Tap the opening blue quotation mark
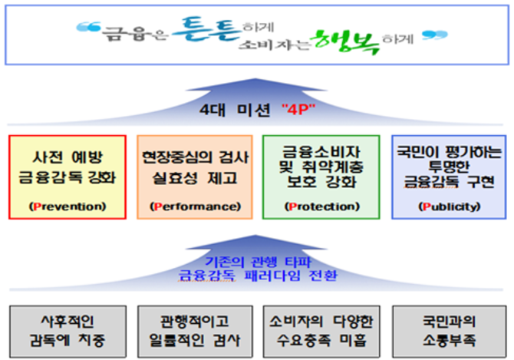click(88, 27)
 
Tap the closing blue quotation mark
click(435, 35)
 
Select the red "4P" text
click(298, 109)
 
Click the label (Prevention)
click(68, 206)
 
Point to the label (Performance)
click(195, 206)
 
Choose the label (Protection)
click(322, 206)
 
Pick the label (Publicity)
click(449, 206)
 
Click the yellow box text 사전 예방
click(68, 157)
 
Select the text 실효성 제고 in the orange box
click(195, 178)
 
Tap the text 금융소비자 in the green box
click(321, 152)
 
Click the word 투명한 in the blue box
click(449, 167)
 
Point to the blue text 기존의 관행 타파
click(258, 262)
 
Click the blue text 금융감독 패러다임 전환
click(258, 276)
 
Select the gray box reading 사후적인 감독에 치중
click(68, 332)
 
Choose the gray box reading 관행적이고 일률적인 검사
click(195, 332)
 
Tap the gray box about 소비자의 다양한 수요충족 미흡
click(321, 332)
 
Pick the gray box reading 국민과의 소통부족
click(449, 332)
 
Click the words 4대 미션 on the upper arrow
click(235, 109)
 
